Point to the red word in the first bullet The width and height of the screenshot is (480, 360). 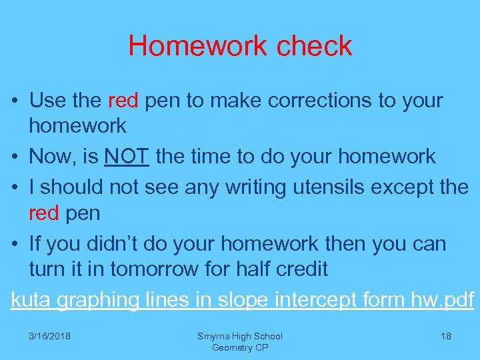[x=123, y=101]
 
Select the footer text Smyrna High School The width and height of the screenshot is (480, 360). [x=240, y=337]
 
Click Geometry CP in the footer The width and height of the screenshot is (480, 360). [x=240, y=347]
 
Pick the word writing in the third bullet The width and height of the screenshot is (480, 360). [x=253, y=187]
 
